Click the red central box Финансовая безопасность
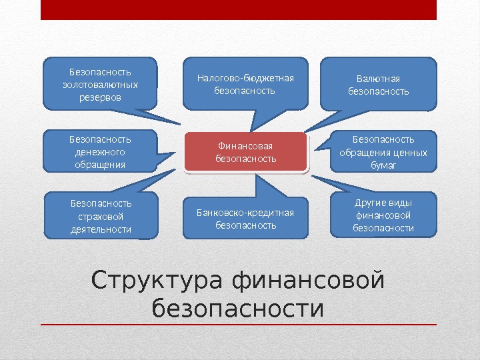pos(245,152)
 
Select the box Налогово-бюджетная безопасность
pos(245,84)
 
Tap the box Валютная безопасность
pos(379,84)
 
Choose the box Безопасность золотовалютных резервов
pos(100,84)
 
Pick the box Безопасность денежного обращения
pos(100,151)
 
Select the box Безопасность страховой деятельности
pos(101,215)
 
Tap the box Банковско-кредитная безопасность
pos(245,219)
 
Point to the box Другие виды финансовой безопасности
pos(383,215)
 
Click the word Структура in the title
pos(157,280)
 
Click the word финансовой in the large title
pos(309,280)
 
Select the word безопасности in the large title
pos(237,309)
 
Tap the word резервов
pos(100,97)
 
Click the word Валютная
pos(379,78)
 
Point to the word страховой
pos(101,216)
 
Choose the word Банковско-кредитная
pos(245,213)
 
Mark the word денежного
pos(100,152)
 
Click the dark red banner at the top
pos(239,9)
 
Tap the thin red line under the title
pos(239,325)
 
